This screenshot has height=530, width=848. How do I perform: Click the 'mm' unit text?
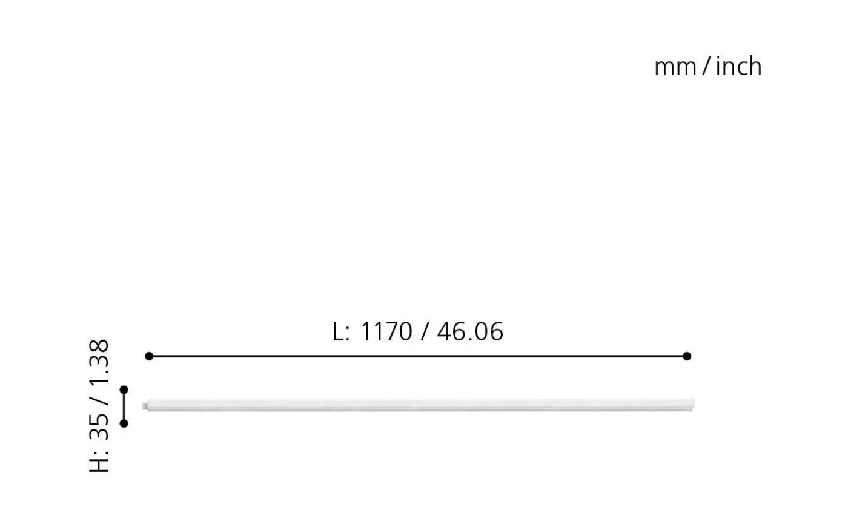pyautogui.click(x=675, y=67)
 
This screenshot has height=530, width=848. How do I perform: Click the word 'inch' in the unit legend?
pyautogui.click(x=738, y=66)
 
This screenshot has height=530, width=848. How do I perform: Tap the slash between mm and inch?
pyautogui.click(x=706, y=67)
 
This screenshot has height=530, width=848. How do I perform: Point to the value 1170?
pyautogui.click(x=386, y=332)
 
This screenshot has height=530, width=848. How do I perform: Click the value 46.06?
pyautogui.click(x=470, y=332)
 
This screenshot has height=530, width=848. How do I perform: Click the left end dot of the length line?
pyautogui.click(x=149, y=356)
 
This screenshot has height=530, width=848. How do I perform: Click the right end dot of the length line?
pyautogui.click(x=687, y=356)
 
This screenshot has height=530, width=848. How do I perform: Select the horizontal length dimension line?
pyautogui.click(x=418, y=356)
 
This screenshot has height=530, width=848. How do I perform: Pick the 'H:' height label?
pyautogui.click(x=99, y=460)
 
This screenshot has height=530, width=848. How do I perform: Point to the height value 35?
pyautogui.click(x=99, y=426)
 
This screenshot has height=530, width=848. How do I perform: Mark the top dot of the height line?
pyautogui.click(x=124, y=389)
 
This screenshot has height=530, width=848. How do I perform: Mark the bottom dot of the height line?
pyautogui.click(x=124, y=423)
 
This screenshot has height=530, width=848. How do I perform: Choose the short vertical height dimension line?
pyautogui.click(x=124, y=406)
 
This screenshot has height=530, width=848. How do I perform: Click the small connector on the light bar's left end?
pyautogui.click(x=145, y=405)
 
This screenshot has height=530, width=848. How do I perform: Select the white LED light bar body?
pyautogui.click(x=418, y=405)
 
